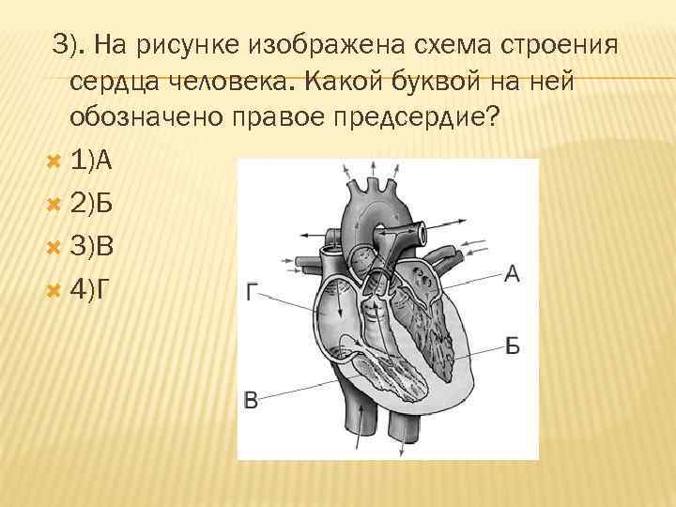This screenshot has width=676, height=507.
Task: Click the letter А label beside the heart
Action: pyautogui.click(x=512, y=274)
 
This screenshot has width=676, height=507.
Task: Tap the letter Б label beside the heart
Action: pyautogui.click(x=512, y=346)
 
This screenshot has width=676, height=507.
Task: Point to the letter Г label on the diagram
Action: pyautogui.click(x=250, y=294)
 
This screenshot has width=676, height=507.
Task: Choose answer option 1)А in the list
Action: pyautogui.click(x=91, y=161)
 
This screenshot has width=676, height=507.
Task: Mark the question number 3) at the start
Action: pyautogui.click(x=68, y=44)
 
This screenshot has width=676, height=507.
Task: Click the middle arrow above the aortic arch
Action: pyautogui.click(x=373, y=173)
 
